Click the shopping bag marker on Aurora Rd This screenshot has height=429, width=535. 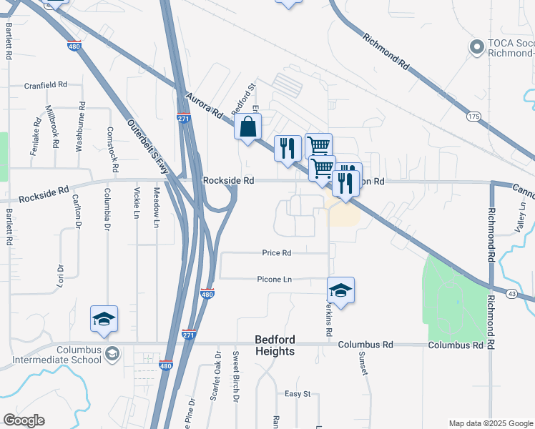[x=247, y=129]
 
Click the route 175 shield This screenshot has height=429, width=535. [x=473, y=116]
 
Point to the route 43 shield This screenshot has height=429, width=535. [x=511, y=293]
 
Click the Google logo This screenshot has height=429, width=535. [x=24, y=420]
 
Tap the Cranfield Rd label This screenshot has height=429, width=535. [x=45, y=84]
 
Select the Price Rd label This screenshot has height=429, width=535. [x=276, y=253]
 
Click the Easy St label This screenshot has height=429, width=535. [x=298, y=394]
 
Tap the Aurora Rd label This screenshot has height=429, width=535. [x=203, y=105]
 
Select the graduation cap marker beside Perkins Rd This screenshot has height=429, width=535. [x=341, y=290]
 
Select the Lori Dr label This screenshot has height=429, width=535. [x=61, y=278]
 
